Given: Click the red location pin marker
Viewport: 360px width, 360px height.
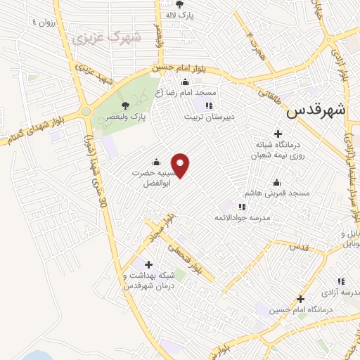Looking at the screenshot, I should click(181, 166).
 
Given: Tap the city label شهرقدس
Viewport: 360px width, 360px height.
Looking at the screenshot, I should click(317, 110).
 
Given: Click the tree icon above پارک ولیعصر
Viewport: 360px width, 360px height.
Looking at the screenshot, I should click(126, 105).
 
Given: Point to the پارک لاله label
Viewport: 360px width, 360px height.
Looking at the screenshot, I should click(180, 15).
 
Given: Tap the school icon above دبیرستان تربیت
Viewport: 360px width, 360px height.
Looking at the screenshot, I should click(208, 105).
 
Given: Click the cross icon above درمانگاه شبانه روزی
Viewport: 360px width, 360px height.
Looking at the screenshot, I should click(278, 134).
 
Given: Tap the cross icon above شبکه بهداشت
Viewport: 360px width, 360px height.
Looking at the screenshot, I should click(147, 264).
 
